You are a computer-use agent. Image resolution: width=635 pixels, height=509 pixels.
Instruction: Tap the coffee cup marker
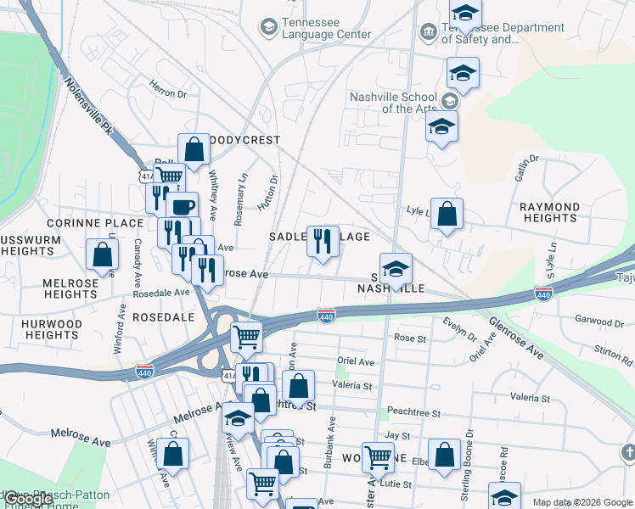pos(183,206)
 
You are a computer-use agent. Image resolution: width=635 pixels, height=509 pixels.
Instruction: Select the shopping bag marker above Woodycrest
pos(194,149)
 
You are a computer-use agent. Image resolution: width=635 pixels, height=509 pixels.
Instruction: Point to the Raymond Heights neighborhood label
pos(550,212)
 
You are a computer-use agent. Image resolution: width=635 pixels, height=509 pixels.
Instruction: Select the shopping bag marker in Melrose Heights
pos(103,254)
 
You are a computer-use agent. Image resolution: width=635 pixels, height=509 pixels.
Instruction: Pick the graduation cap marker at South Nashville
pos(396,269)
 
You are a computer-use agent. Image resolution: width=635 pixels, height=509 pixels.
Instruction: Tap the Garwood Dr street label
pos(598,322)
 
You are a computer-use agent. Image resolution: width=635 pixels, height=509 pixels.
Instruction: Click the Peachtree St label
pos(413,412)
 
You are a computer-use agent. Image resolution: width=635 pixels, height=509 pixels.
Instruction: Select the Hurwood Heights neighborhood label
pos(52,329)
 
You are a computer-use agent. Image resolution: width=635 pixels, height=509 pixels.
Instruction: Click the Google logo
pos(27,500)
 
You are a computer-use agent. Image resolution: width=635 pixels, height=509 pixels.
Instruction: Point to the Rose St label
pos(409,338)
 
